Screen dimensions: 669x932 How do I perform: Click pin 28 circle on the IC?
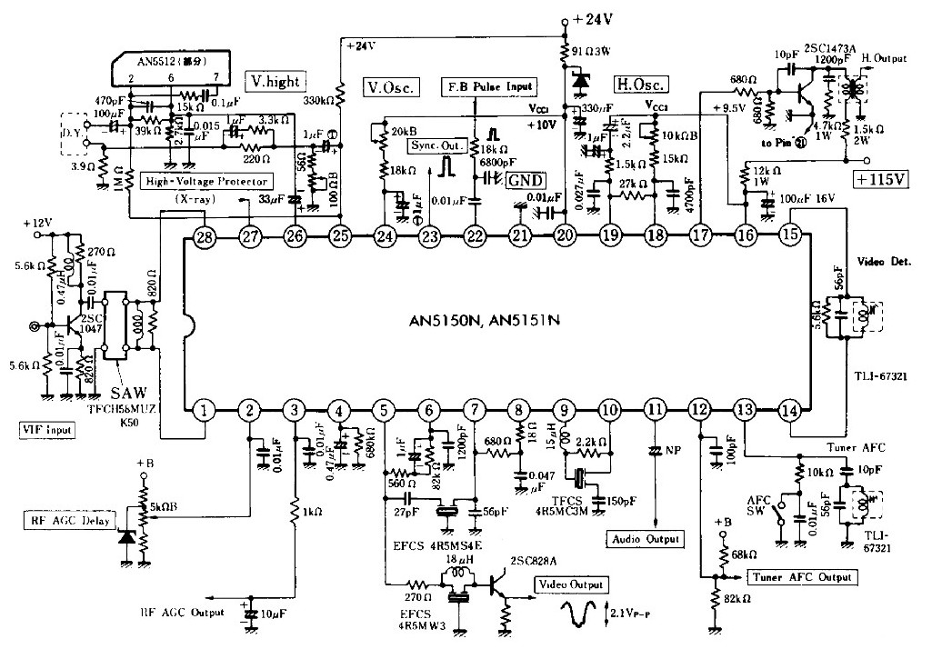point(205,238)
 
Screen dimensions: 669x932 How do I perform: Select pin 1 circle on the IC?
point(205,411)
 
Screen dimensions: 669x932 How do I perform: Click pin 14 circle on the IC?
point(791,411)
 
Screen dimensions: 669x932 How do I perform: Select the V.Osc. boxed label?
point(391,87)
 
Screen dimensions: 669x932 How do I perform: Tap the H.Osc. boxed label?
point(641,85)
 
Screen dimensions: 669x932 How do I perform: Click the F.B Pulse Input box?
point(488,86)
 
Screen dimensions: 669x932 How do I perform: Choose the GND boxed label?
point(526,180)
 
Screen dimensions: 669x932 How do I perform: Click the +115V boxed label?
point(881,179)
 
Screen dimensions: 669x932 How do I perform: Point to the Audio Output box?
point(645,539)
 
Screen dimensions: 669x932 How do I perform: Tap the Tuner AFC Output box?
point(800,577)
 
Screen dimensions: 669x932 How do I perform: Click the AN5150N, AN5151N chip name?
point(496,322)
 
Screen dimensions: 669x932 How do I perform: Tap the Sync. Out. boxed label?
point(441,145)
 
